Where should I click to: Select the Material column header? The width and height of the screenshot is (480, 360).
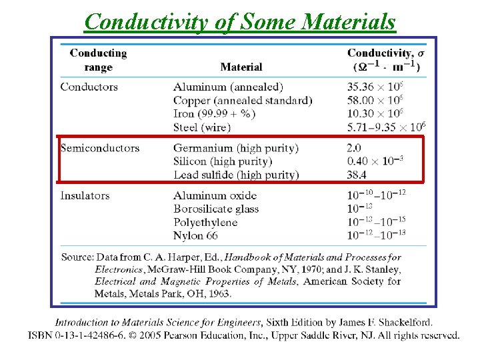pyautogui.click(x=241, y=67)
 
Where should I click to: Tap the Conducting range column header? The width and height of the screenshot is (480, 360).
pyautogui.click(x=98, y=59)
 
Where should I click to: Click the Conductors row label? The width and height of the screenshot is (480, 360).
pyautogui.click(x=89, y=87)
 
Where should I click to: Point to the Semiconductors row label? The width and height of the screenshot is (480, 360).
pyautogui.click(x=99, y=147)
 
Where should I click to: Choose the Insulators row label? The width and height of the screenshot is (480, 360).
pyautogui.click(x=85, y=195)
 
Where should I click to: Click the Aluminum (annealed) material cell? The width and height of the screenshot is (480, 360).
pyautogui.click(x=228, y=87)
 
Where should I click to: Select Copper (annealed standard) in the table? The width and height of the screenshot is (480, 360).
pyautogui.click(x=243, y=100)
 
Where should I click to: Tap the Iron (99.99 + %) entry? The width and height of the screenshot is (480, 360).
pyautogui.click(x=214, y=113)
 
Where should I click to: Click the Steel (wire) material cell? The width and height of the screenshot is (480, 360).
pyautogui.click(x=202, y=127)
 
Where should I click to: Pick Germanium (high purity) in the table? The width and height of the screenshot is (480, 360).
pyautogui.click(x=236, y=147)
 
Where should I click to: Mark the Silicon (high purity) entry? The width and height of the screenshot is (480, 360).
pyautogui.click(x=223, y=161)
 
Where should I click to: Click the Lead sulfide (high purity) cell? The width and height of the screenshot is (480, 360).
pyautogui.click(x=236, y=175)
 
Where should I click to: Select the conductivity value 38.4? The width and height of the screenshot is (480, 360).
pyautogui.click(x=357, y=175)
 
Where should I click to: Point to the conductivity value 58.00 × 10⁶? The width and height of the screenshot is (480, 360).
pyautogui.click(x=375, y=100)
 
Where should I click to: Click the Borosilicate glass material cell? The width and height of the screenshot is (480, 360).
pyautogui.click(x=216, y=209)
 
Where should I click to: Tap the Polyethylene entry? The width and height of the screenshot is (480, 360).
pyautogui.click(x=205, y=222)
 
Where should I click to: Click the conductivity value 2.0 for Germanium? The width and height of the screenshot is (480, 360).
pyautogui.click(x=354, y=147)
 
